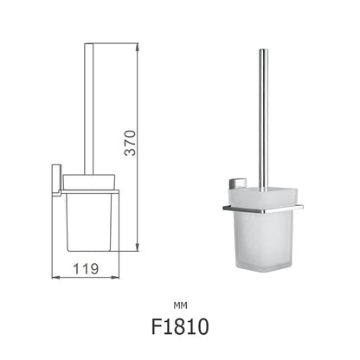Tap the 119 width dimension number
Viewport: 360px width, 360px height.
pos(81,270)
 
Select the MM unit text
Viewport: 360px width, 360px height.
pos(180,304)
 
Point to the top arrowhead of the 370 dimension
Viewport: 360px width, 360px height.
pos(137,44)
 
